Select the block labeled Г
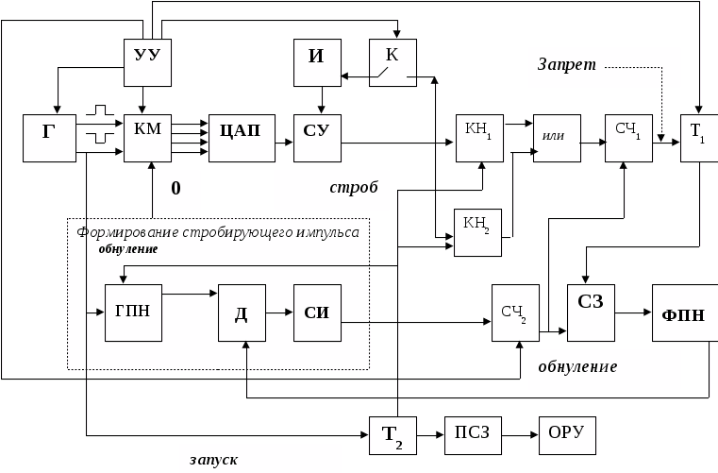point(49,138)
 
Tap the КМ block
point(147,138)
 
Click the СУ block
point(316,138)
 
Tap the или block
point(556,138)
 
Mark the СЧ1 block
point(628,138)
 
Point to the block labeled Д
point(241,312)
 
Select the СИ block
point(316,312)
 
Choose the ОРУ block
point(566,436)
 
